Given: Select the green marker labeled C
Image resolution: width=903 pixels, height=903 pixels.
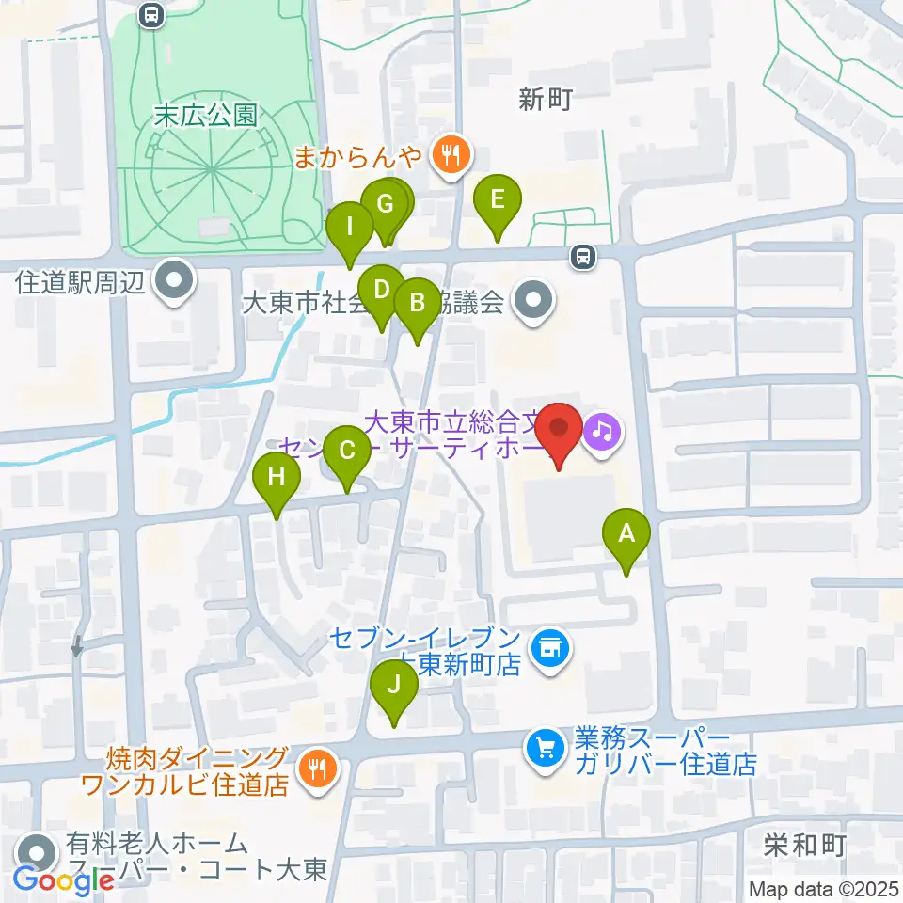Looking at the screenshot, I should (347, 451).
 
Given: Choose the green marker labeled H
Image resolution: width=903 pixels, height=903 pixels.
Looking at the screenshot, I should (276, 477).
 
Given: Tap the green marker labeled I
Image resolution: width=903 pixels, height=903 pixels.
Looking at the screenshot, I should (350, 228).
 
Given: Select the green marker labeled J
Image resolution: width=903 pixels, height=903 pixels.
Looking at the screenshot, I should (395, 686).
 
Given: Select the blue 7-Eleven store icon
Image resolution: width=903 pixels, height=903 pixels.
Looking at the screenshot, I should (548, 648).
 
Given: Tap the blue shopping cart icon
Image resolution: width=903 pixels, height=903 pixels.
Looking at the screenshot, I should (545, 750).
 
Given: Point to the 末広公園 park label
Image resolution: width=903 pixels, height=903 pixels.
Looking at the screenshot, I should (206, 116).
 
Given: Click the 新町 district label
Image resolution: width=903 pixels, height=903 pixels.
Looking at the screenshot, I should (545, 100).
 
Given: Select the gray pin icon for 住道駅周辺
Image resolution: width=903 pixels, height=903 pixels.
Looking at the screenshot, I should (173, 281).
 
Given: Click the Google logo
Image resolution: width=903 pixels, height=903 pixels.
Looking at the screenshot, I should (64, 880).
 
